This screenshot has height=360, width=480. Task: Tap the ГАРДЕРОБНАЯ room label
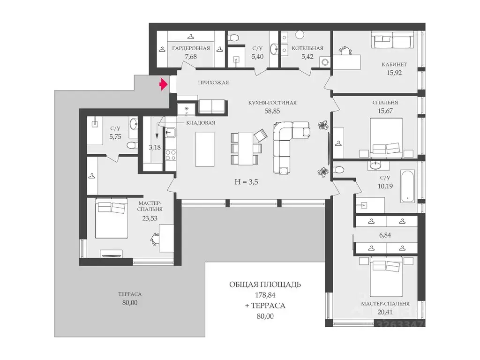point(191,48)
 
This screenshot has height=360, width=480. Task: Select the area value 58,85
point(272,111)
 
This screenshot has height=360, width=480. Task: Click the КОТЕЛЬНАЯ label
point(307,48)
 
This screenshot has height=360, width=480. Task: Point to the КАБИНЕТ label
point(394,65)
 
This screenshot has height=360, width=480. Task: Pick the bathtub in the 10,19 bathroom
point(408,187)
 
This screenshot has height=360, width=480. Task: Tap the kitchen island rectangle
point(204,149)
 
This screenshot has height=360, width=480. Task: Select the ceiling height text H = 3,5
point(246,182)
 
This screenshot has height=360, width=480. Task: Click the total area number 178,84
point(265,295)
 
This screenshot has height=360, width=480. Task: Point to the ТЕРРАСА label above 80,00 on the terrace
point(130,294)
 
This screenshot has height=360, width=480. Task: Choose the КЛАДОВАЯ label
point(201,123)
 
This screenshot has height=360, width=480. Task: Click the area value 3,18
point(155,147)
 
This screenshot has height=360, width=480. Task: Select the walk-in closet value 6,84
point(385,235)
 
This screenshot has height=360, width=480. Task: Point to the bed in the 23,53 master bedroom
point(111,218)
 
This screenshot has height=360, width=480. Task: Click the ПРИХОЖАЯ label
point(213,82)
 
